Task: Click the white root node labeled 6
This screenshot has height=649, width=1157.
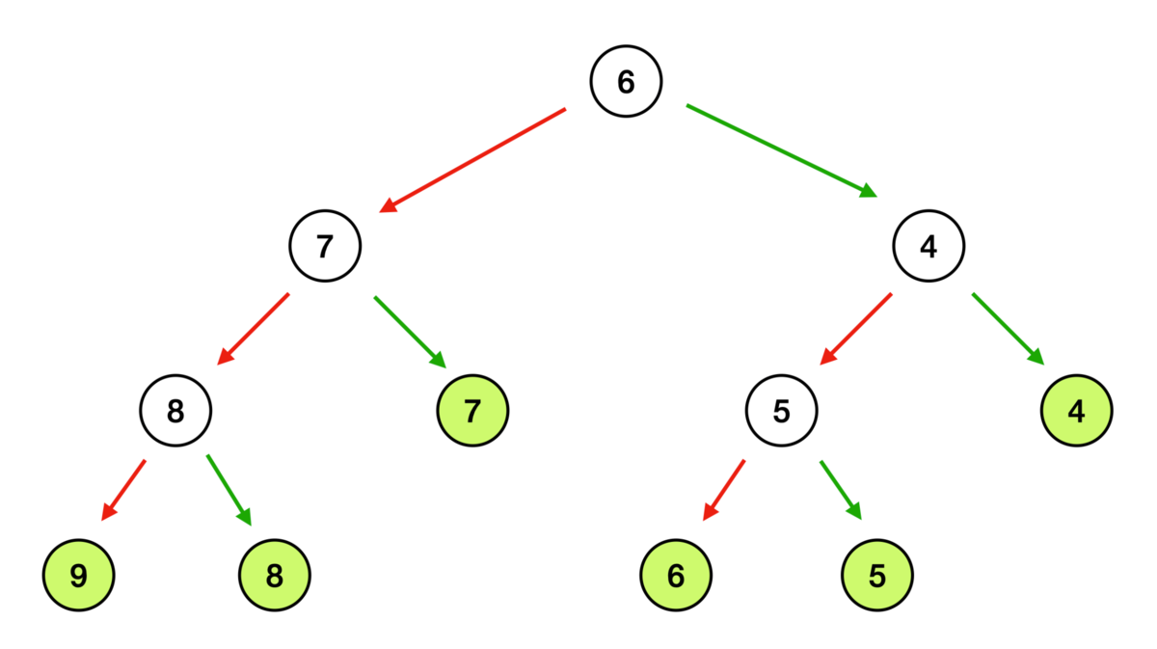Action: tap(626, 81)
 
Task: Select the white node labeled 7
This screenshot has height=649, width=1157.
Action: tap(325, 246)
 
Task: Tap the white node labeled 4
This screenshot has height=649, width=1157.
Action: tap(928, 246)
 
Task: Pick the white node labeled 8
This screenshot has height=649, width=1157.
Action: tap(175, 411)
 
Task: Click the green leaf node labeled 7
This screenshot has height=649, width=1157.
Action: tap(472, 411)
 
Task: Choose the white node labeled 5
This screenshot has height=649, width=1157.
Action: tap(782, 411)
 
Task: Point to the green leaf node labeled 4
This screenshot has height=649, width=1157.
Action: tap(1077, 411)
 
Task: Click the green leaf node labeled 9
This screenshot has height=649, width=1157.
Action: tap(78, 576)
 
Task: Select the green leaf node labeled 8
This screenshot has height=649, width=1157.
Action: tap(274, 576)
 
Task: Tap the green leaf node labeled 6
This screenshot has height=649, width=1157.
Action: tap(676, 576)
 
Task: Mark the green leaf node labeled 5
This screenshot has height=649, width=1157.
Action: tap(877, 576)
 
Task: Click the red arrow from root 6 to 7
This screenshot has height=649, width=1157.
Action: tap(472, 160)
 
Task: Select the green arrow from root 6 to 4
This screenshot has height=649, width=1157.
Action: tap(782, 150)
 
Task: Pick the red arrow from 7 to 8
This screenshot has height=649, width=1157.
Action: tap(253, 329)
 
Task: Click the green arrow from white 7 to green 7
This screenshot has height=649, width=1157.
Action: tap(410, 333)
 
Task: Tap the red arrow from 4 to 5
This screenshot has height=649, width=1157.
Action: tap(856, 329)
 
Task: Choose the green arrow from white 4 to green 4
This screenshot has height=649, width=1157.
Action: tap(1009, 329)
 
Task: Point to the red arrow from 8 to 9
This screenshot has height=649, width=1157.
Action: tap(123, 490)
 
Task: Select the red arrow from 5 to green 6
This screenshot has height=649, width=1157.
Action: tap(724, 490)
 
